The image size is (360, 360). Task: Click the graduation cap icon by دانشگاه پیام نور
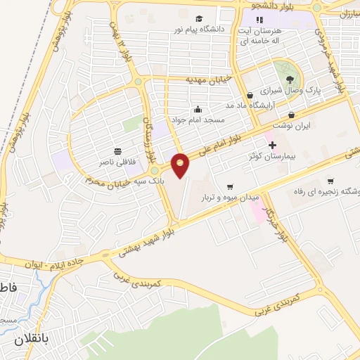(200, 18)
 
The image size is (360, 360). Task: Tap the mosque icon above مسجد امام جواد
(198, 109)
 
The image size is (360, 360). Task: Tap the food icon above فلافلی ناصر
(117, 150)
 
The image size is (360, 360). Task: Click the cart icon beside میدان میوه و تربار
(229, 186)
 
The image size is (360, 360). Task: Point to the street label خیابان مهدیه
(188, 80)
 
